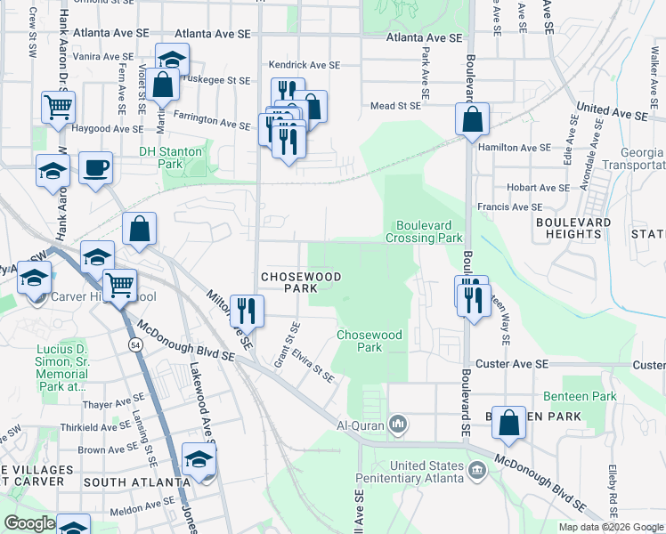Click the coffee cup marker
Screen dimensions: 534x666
(x=95, y=166)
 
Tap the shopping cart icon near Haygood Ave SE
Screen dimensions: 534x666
(x=58, y=108)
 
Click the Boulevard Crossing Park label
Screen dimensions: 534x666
(x=424, y=231)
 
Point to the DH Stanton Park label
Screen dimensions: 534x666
(x=170, y=158)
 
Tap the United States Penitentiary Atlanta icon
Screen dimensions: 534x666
(x=476, y=467)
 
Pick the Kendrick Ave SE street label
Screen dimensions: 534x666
(x=305, y=65)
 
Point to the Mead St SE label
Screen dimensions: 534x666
(x=394, y=106)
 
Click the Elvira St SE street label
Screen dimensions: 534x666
(x=316, y=366)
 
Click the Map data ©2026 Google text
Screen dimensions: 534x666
(x=610, y=527)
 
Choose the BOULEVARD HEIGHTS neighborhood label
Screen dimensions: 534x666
(x=573, y=228)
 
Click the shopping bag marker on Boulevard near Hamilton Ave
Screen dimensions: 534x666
(x=473, y=119)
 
